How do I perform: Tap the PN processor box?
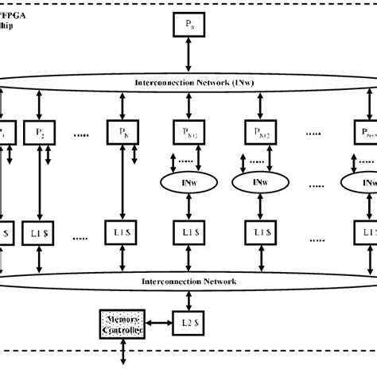click(122, 130)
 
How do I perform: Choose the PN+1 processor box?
click(187, 130)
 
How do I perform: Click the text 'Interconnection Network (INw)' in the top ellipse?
click(187, 83)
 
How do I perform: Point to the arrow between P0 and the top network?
click(187, 58)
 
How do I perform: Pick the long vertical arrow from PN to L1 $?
click(122, 182)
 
